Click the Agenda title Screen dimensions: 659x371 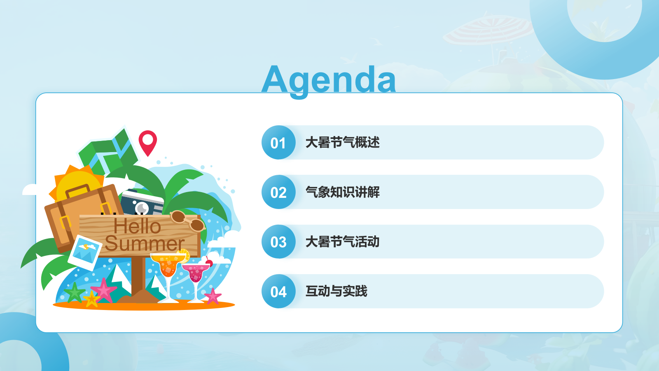pyautogui.click(x=329, y=80)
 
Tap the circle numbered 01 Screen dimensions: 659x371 pyautogui.click(x=278, y=143)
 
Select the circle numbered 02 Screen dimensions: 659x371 pyautogui.click(x=278, y=192)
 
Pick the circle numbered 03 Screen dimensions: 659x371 pyautogui.click(x=278, y=242)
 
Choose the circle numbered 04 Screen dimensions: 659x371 pyautogui.click(x=278, y=291)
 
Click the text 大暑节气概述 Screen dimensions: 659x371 pyautogui.click(x=342, y=143)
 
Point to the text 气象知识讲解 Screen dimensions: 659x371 pyautogui.click(x=342, y=192)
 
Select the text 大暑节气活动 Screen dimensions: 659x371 pyautogui.click(x=342, y=242)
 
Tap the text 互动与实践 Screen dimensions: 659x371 pyautogui.click(x=336, y=291)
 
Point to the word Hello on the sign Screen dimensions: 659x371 pyautogui.click(x=138, y=226)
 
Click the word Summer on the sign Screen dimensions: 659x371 pyautogui.click(x=145, y=244)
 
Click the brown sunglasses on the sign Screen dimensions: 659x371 pyautogui.click(x=187, y=221)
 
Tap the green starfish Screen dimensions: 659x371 pyautogui.click(x=75, y=293)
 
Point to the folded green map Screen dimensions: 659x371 pyautogui.click(x=108, y=153)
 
